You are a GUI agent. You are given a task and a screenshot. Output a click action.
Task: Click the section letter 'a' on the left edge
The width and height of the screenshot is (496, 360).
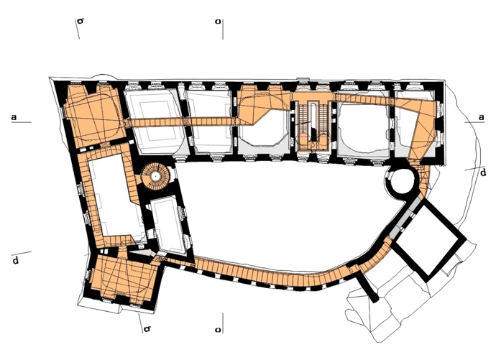(x=14, y=117)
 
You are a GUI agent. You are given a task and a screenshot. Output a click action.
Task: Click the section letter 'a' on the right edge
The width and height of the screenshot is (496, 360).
(x=481, y=117)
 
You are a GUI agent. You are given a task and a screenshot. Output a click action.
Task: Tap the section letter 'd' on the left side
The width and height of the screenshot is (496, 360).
(x=16, y=260)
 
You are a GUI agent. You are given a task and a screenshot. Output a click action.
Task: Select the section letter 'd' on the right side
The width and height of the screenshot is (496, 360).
(x=483, y=173)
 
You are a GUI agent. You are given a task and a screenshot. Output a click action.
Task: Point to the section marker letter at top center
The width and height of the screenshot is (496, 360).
(x=218, y=22)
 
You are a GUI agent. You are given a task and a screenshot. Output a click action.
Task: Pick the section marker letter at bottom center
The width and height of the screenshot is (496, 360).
(x=218, y=330)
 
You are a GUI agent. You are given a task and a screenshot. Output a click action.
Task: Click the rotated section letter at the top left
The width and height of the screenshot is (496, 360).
(x=81, y=22)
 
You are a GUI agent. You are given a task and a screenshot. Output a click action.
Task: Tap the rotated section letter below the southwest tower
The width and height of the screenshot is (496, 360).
(x=147, y=329)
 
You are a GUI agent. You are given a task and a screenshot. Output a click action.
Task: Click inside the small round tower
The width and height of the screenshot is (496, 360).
(x=401, y=180)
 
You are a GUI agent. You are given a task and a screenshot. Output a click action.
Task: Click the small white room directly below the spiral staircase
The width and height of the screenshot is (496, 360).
(x=167, y=223)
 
